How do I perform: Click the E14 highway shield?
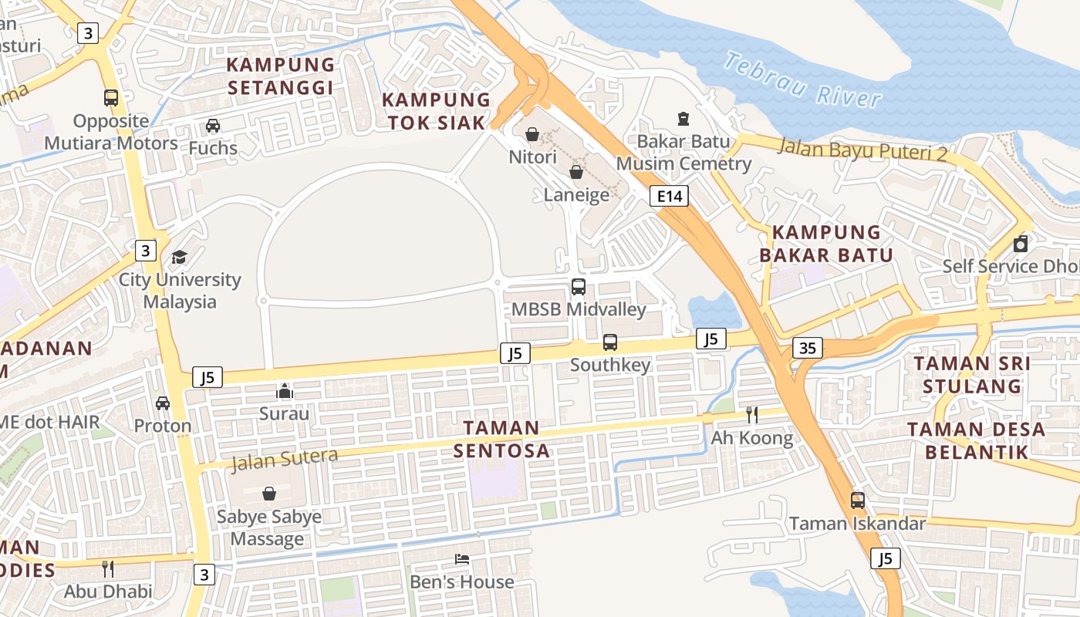click(x=668, y=197)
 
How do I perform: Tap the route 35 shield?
click(x=807, y=348)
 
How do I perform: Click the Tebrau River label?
click(x=802, y=79)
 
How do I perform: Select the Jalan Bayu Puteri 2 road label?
click(x=862, y=149)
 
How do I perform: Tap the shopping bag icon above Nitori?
click(x=532, y=134)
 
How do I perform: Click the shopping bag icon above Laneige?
click(x=575, y=172)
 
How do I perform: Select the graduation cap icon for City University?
click(x=179, y=257)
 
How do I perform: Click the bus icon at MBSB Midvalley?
click(x=578, y=287)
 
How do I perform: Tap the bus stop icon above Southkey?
click(x=609, y=342)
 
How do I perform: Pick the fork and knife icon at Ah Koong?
click(x=752, y=415)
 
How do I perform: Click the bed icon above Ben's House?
click(x=461, y=558)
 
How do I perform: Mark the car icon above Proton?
click(x=163, y=403)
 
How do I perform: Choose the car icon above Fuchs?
click(x=213, y=125)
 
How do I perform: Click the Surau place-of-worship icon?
click(x=285, y=391)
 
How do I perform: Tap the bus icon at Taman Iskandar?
click(x=857, y=500)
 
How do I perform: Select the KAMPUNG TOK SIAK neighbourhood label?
click(x=437, y=111)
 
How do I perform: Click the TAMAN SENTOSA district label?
click(x=501, y=439)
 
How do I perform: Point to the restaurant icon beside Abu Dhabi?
click(x=108, y=569)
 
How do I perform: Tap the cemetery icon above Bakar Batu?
click(x=683, y=118)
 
